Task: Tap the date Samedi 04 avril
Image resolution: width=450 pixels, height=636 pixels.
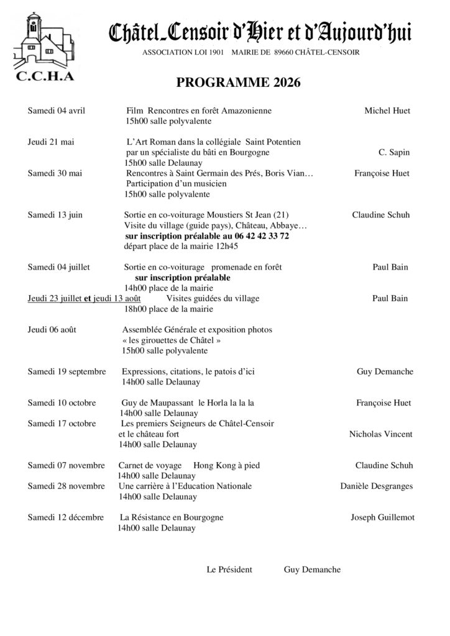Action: [56, 111]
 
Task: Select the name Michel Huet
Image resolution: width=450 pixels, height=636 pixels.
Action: [387, 111]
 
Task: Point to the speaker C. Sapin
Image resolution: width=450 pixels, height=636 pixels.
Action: [393, 152]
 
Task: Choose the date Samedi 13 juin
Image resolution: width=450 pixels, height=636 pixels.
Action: [55, 215]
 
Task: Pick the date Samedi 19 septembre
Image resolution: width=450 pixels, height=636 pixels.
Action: [67, 372]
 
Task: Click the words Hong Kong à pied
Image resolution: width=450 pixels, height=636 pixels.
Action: [226, 465]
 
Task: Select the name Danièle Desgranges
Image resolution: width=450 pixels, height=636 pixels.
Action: [376, 486]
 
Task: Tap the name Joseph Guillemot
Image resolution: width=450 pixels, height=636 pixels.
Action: [382, 517]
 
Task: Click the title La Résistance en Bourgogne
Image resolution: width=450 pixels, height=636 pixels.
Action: [172, 517]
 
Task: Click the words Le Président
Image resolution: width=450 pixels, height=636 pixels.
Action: [229, 570]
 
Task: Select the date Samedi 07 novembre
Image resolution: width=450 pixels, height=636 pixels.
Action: [66, 465]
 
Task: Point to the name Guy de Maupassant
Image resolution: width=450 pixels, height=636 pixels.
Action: [157, 403]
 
